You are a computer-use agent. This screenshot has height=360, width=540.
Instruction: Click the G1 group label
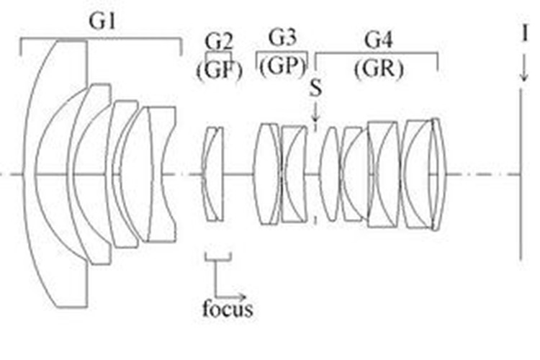[101, 21]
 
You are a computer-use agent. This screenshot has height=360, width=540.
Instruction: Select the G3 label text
[282, 37]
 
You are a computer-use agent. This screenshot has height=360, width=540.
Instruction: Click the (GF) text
[217, 71]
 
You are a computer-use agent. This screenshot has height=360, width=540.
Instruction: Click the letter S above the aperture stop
[316, 89]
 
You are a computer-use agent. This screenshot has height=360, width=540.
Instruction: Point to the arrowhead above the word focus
[242, 295]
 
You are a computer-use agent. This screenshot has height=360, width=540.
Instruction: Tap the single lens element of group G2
[212, 175]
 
